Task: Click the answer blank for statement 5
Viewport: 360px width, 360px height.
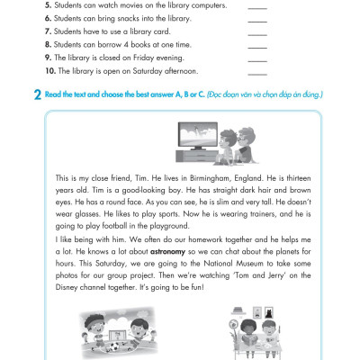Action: click(257, 8)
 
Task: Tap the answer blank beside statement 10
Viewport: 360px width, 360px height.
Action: click(257, 74)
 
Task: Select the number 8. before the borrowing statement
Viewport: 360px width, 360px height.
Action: click(49, 44)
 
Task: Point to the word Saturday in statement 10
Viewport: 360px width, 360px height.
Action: click(148, 71)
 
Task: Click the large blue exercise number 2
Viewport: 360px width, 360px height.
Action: click(38, 94)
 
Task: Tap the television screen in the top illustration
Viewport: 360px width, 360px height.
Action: click(198, 134)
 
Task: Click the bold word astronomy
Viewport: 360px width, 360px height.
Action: click(167, 251)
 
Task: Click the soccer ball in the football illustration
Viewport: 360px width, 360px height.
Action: click(114, 346)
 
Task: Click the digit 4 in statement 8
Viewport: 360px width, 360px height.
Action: click(126, 45)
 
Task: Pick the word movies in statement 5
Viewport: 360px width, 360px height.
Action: click(130, 5)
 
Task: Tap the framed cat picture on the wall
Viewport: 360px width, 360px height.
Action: click(268, 313)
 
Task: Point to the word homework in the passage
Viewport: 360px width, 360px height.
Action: click(205, 239)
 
